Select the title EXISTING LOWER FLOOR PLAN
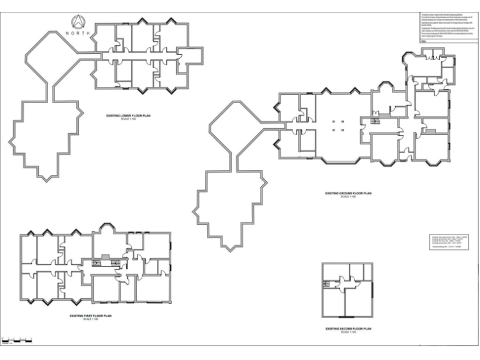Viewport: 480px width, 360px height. (x=128, y=116)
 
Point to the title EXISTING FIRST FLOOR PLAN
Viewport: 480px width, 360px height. (x=94, y=316)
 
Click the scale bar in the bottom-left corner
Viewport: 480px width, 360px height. (x=16, y=340)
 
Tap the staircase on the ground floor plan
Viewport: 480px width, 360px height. (x=376, y=121)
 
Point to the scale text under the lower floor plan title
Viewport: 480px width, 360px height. (x=128, y=119)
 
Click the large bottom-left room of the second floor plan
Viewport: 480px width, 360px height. (x=336, y=304)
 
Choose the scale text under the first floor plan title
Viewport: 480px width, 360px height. (x=94, y=320)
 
